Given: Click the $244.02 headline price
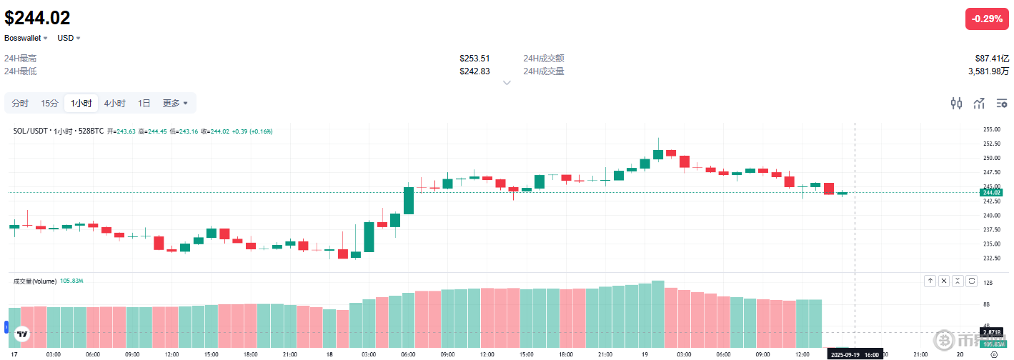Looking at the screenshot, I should tap(37, 17).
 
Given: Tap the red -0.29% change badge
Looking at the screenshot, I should tap(988, 19).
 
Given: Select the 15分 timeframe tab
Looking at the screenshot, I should tap(49, 104).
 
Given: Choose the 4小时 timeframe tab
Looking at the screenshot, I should tap(114, 104).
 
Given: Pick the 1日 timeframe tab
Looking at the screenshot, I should tap(144, 104).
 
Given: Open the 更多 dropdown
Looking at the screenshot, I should tap(175, 104).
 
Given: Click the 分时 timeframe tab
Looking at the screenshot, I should tap(20, 104).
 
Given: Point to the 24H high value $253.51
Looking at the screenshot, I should tap(474, 59).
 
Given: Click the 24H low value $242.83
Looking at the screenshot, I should tap(474, 71).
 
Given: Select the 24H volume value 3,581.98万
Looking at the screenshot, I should tap(988, 71).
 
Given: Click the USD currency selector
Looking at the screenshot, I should tap(69, 38).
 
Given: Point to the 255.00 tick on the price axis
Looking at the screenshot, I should tap(991, 129).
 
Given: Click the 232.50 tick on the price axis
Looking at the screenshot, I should tap(991, 259).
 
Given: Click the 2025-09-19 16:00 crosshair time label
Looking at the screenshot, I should tap(853, 354).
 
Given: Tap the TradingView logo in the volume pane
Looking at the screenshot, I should tap(22, 334).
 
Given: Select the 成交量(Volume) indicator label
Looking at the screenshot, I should tap(34, 281).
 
